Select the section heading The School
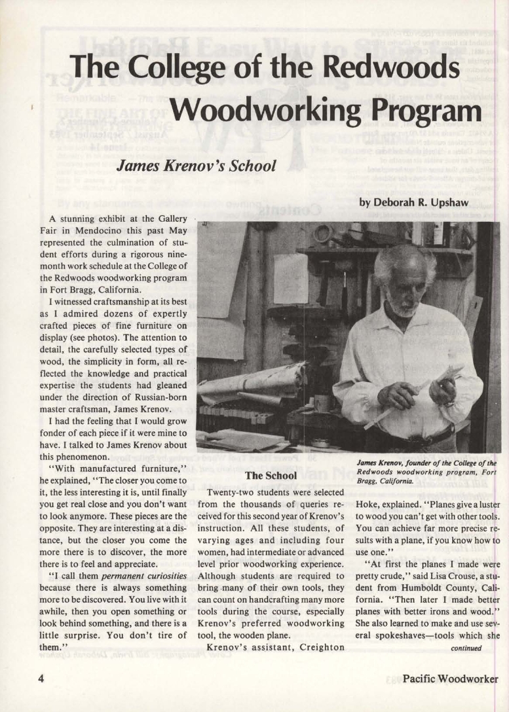(x=271, y=475)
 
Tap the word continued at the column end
(x=466, y=649)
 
